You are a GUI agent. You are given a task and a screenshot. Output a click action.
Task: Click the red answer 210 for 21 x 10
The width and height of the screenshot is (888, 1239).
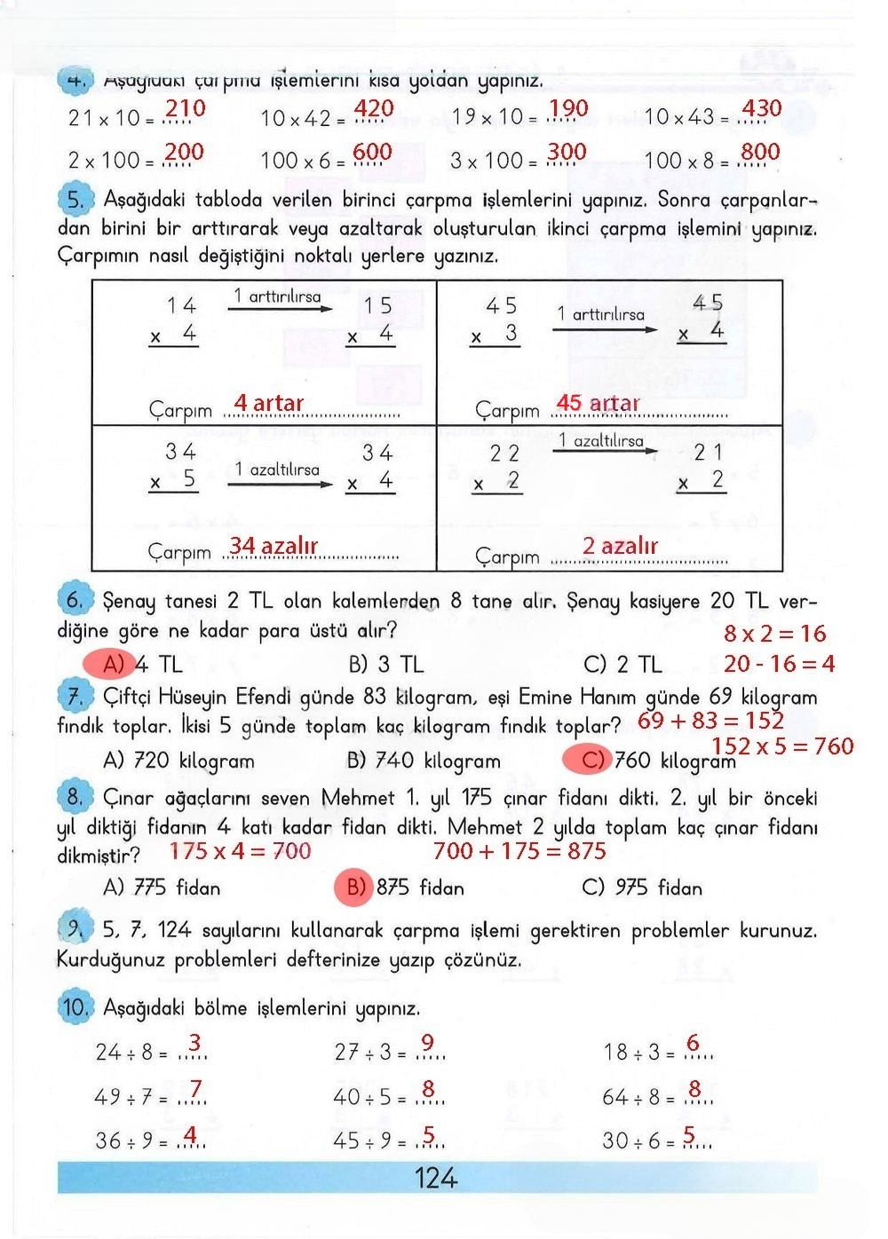pos(186,109)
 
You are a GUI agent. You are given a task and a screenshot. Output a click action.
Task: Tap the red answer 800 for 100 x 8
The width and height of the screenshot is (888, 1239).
pos(760,153)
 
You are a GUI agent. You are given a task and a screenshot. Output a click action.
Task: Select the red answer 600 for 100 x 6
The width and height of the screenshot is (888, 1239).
pos(373,153)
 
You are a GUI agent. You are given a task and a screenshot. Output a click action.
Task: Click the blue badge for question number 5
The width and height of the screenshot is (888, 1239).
pos(75,200)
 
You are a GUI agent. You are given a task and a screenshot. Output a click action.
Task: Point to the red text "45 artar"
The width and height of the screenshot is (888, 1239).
pos(598,404)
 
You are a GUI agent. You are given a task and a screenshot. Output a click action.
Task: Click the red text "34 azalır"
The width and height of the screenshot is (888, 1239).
pos(274,546)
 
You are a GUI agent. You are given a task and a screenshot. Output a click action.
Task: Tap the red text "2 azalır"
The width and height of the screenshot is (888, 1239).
pos(620,546)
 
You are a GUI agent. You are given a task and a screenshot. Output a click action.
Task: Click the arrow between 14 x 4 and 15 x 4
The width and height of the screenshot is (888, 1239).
pos(281,309)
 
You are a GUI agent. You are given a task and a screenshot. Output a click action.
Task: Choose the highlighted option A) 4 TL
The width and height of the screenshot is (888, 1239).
pos(133,664)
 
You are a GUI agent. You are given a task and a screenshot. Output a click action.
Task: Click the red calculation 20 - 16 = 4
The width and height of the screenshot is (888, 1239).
pos(779,664)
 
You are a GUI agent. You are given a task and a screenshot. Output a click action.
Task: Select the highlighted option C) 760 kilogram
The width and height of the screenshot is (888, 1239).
pos(648,761)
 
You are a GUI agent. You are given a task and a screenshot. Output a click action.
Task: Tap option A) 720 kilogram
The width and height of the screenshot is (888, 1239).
pos(178,762)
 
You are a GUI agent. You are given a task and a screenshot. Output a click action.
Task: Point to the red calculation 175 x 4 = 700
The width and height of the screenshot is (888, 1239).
pos(240,851)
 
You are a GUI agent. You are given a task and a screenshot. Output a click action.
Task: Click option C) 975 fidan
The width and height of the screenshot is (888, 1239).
pos(641,888)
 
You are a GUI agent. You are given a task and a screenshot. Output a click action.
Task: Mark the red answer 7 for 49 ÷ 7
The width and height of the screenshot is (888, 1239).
pos(195,1088)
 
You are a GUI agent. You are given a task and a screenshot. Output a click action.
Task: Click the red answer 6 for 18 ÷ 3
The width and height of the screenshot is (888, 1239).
pos(693,1043)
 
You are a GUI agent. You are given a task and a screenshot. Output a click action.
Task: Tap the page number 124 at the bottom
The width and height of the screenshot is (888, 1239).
pos(436,1179)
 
